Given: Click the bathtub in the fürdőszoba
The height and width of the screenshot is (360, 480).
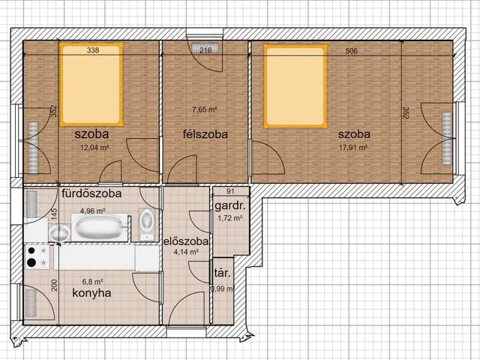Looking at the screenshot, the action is [100, 227].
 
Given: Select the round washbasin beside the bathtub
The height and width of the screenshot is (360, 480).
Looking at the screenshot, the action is [59, 233].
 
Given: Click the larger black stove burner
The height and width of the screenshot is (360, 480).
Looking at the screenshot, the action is [31, 262].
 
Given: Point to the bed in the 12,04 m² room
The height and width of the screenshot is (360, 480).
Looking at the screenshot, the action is [91, 84].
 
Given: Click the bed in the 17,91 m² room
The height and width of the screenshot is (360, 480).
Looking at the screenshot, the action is [295, 86].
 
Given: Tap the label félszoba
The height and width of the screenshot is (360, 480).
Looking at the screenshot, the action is [205, 134].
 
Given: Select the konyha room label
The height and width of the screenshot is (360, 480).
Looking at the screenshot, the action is [91, 293].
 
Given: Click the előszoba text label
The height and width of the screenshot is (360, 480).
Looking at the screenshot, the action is [186, 241].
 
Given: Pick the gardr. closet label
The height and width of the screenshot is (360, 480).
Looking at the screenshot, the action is [230, 206].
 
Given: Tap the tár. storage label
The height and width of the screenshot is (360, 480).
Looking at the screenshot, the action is [223, 273].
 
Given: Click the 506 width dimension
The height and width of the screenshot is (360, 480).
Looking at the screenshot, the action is [352, 51].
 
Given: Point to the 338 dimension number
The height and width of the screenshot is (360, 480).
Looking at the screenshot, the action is [93, 50].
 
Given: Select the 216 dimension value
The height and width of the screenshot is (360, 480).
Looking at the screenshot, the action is [205, 50].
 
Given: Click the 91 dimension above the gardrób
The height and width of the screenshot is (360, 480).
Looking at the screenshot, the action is [230, 191].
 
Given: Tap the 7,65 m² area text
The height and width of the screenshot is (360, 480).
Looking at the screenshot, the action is [205, 109].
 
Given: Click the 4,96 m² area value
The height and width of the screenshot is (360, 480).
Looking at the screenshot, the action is [93, 211].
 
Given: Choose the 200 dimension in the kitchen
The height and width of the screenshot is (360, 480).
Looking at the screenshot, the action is [54, 285].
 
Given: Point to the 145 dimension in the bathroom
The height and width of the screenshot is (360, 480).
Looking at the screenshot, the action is [54, 214].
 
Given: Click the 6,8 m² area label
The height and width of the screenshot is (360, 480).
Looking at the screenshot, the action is [92, 281].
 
